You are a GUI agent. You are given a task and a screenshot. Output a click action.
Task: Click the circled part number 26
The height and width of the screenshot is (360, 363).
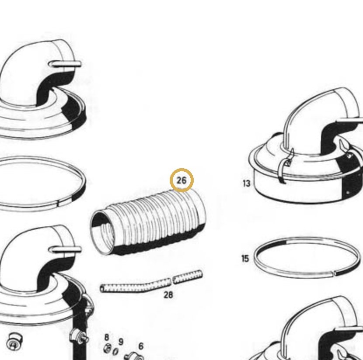[x=181, y=180]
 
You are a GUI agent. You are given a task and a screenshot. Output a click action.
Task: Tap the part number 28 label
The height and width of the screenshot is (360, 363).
[x=168, y=295]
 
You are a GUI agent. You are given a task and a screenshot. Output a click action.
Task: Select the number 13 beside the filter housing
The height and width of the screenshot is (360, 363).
[x=247, y=183]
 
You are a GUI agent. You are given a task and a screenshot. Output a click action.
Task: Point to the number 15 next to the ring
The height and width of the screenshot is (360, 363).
[x=245, y=259]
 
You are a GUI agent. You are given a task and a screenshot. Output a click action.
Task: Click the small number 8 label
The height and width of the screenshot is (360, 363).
[x=106, y=337]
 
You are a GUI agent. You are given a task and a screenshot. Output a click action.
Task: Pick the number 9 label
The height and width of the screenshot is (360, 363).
[x=121, y=342]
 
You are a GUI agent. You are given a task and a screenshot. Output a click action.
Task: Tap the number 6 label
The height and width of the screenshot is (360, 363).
[x=141, y=346]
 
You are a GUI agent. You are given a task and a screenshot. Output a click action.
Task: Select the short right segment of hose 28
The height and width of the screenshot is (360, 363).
[x=188, y=277]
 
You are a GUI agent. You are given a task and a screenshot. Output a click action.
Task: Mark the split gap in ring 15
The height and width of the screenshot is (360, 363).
[x=334, y=273]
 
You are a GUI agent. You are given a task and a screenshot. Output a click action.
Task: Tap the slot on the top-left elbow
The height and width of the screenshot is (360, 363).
[x=65, y=64]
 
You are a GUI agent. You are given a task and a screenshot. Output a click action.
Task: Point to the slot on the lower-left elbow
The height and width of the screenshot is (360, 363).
[x=65, y=249]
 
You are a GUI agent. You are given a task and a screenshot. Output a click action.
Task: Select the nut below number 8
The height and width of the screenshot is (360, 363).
[x=108, y=348]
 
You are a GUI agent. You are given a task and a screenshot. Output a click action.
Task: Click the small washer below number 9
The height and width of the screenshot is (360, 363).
[x=115, y=351]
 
